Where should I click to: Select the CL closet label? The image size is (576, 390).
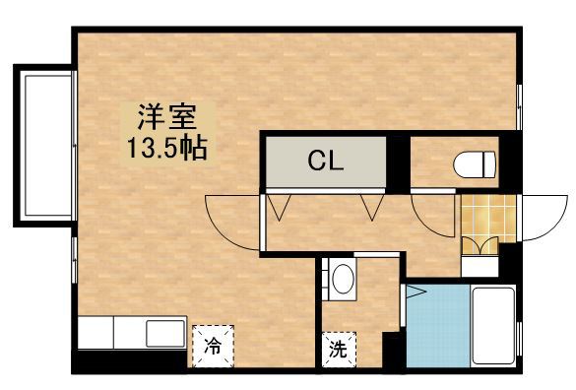point(326,161)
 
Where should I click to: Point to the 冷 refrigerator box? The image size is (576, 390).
point(213,346)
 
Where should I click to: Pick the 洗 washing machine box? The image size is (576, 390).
point(337,347)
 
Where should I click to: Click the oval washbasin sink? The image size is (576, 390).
point(342,280)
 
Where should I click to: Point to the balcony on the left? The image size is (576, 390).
point(42,146)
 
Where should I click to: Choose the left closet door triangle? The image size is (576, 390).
point(280,207)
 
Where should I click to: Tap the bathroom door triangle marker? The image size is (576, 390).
point(415,292)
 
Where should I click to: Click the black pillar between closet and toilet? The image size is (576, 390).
point(396,162)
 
